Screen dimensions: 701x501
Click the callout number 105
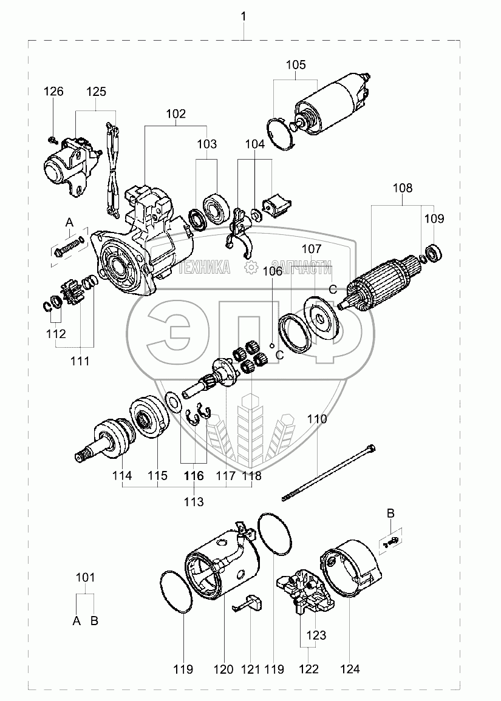(296, 65)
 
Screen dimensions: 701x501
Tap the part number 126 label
(53, 92)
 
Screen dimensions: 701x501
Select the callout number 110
(317, 419)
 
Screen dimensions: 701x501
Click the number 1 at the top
(244, 16)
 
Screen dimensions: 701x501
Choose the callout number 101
(85, 578)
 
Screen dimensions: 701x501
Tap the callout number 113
(194, 502)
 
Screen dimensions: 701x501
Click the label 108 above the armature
(403, 188)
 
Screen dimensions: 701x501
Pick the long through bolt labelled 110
(328, 473)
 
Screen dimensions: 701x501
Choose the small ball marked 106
(273, 347)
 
